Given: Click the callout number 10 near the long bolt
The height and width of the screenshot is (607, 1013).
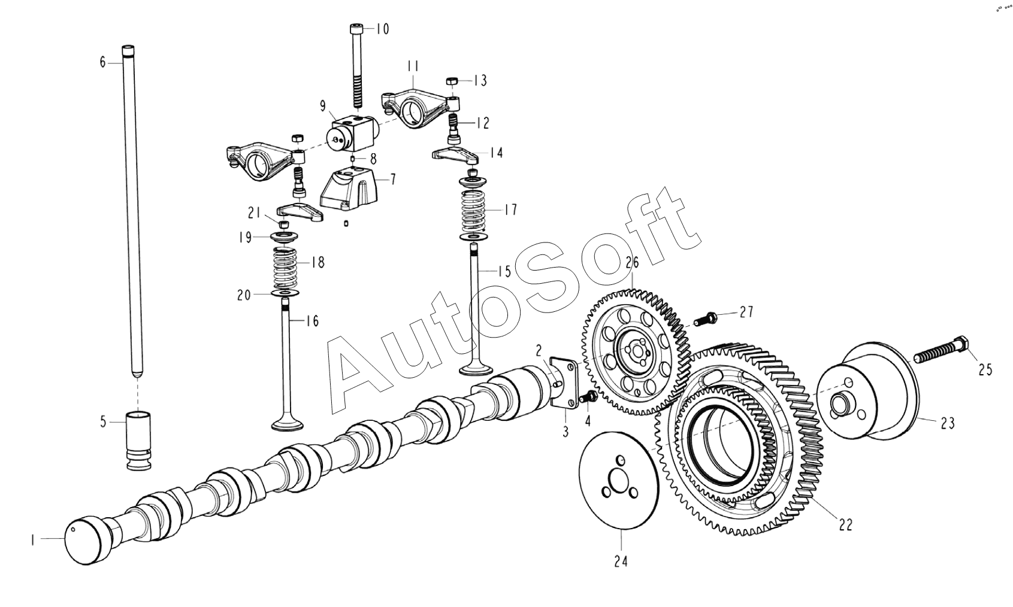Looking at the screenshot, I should (x=382, y=29).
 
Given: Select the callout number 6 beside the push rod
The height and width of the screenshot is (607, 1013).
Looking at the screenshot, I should (x=102, y=62).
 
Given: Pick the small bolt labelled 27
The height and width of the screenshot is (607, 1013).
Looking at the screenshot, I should (x=705, y=318).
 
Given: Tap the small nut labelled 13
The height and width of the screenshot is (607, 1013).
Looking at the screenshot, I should (x=453, y=80).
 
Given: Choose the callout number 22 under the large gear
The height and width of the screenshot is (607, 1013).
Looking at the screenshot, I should (x=845, y=525).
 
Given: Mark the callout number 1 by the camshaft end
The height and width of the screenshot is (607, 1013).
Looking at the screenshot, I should (x=32, y=540).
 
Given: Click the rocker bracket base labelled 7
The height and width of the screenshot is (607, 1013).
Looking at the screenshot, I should (x=349, y=187).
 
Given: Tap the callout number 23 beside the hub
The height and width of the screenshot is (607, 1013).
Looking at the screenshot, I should (x=947, y=423).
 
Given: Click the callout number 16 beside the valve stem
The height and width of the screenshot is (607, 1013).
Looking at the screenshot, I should (x=312, y=321).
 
